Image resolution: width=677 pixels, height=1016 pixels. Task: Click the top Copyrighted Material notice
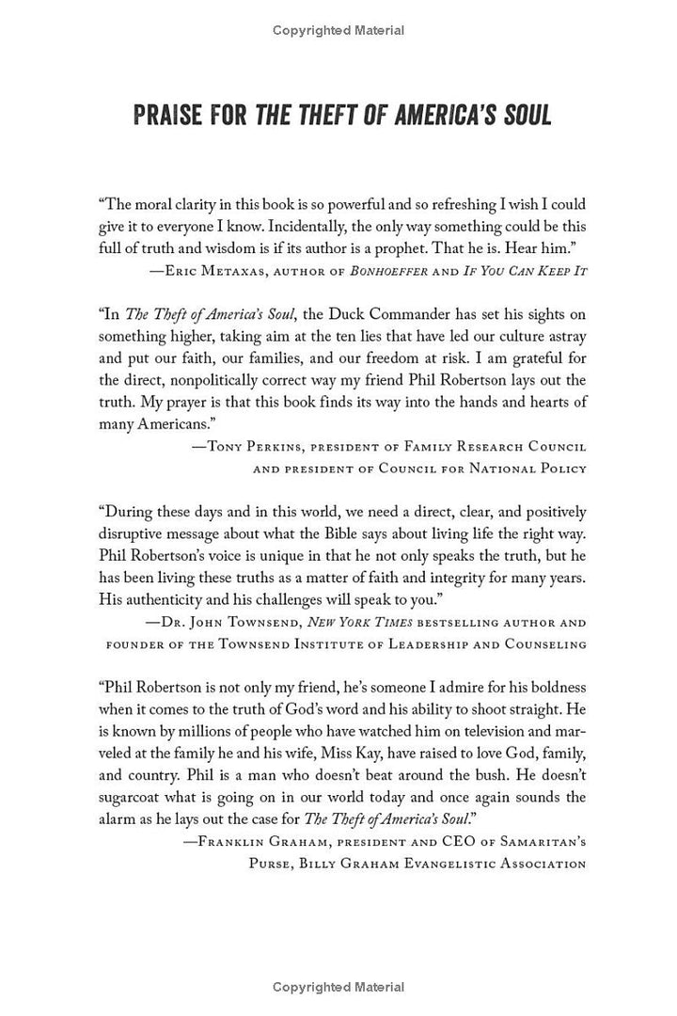(x=338, y=30)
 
